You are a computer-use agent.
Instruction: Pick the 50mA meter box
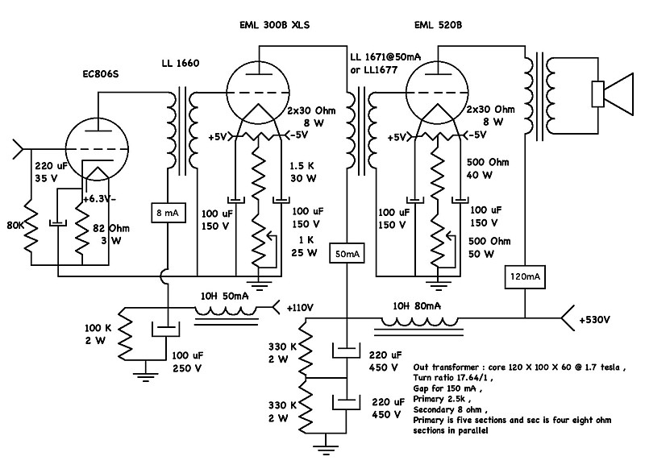coord(347,255)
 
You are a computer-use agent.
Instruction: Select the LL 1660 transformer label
coord(178,63)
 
